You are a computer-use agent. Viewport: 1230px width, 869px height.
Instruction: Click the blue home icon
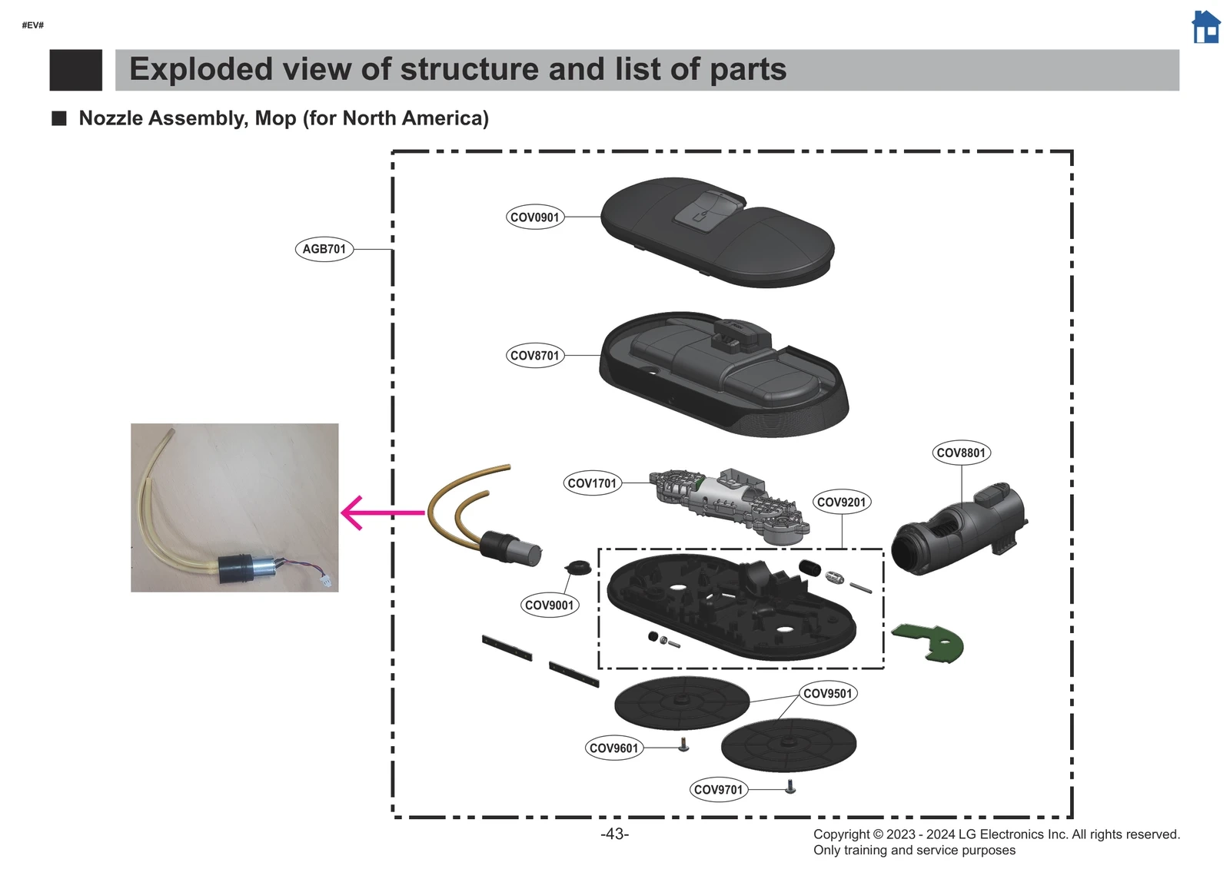[1205, 28]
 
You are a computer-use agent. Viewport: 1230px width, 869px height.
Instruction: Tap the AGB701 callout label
[324, 249]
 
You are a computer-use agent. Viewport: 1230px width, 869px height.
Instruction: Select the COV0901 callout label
[535, 217]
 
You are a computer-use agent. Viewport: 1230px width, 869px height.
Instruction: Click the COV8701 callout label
[535, 356]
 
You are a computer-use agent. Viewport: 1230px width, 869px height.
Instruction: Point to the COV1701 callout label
[592, 483]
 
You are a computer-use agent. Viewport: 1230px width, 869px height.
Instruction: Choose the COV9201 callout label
[841, 502]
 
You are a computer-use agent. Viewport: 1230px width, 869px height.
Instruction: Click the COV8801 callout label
[961, 453]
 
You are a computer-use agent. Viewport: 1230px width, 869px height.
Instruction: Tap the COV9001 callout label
[549, 605]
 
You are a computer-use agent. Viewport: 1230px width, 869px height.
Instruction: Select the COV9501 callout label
[828, 693]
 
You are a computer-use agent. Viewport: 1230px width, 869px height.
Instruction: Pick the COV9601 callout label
[613, 748]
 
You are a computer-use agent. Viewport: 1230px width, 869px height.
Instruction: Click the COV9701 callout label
[719, 789]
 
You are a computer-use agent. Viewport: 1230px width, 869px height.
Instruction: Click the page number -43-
[614, 834]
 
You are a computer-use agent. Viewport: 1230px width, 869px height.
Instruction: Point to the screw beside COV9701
[790, 787]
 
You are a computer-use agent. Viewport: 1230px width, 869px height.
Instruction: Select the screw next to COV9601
[683, 745]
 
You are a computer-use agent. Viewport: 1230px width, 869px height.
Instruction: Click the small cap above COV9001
[578, 568]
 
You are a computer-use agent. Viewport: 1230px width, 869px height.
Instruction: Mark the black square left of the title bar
[75, 70]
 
